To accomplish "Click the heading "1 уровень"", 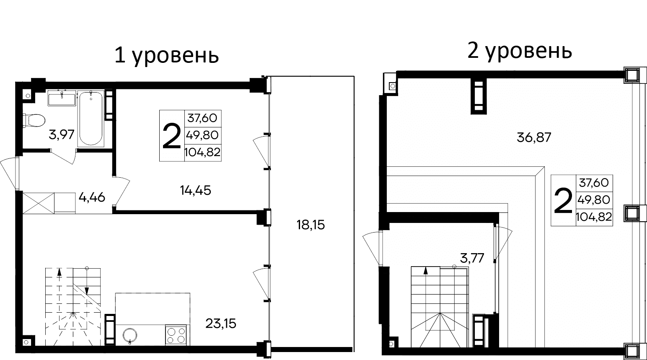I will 167,56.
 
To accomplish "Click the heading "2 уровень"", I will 519,51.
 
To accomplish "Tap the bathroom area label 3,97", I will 62,135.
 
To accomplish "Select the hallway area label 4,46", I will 91,197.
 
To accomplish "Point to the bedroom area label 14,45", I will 195,191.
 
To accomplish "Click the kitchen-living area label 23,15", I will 221,323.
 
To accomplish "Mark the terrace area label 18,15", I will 311,225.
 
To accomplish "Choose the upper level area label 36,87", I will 534,137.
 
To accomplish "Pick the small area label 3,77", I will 472,257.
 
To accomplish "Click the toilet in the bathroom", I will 34,120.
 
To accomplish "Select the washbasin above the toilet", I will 62,99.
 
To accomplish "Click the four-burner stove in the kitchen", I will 176,335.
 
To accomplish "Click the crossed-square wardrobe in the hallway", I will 39,202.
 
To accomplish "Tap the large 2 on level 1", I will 171,136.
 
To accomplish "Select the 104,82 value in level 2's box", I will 594,217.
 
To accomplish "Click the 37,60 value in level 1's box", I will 202,118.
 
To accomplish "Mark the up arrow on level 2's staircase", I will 426,271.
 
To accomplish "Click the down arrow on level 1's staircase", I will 87,290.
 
